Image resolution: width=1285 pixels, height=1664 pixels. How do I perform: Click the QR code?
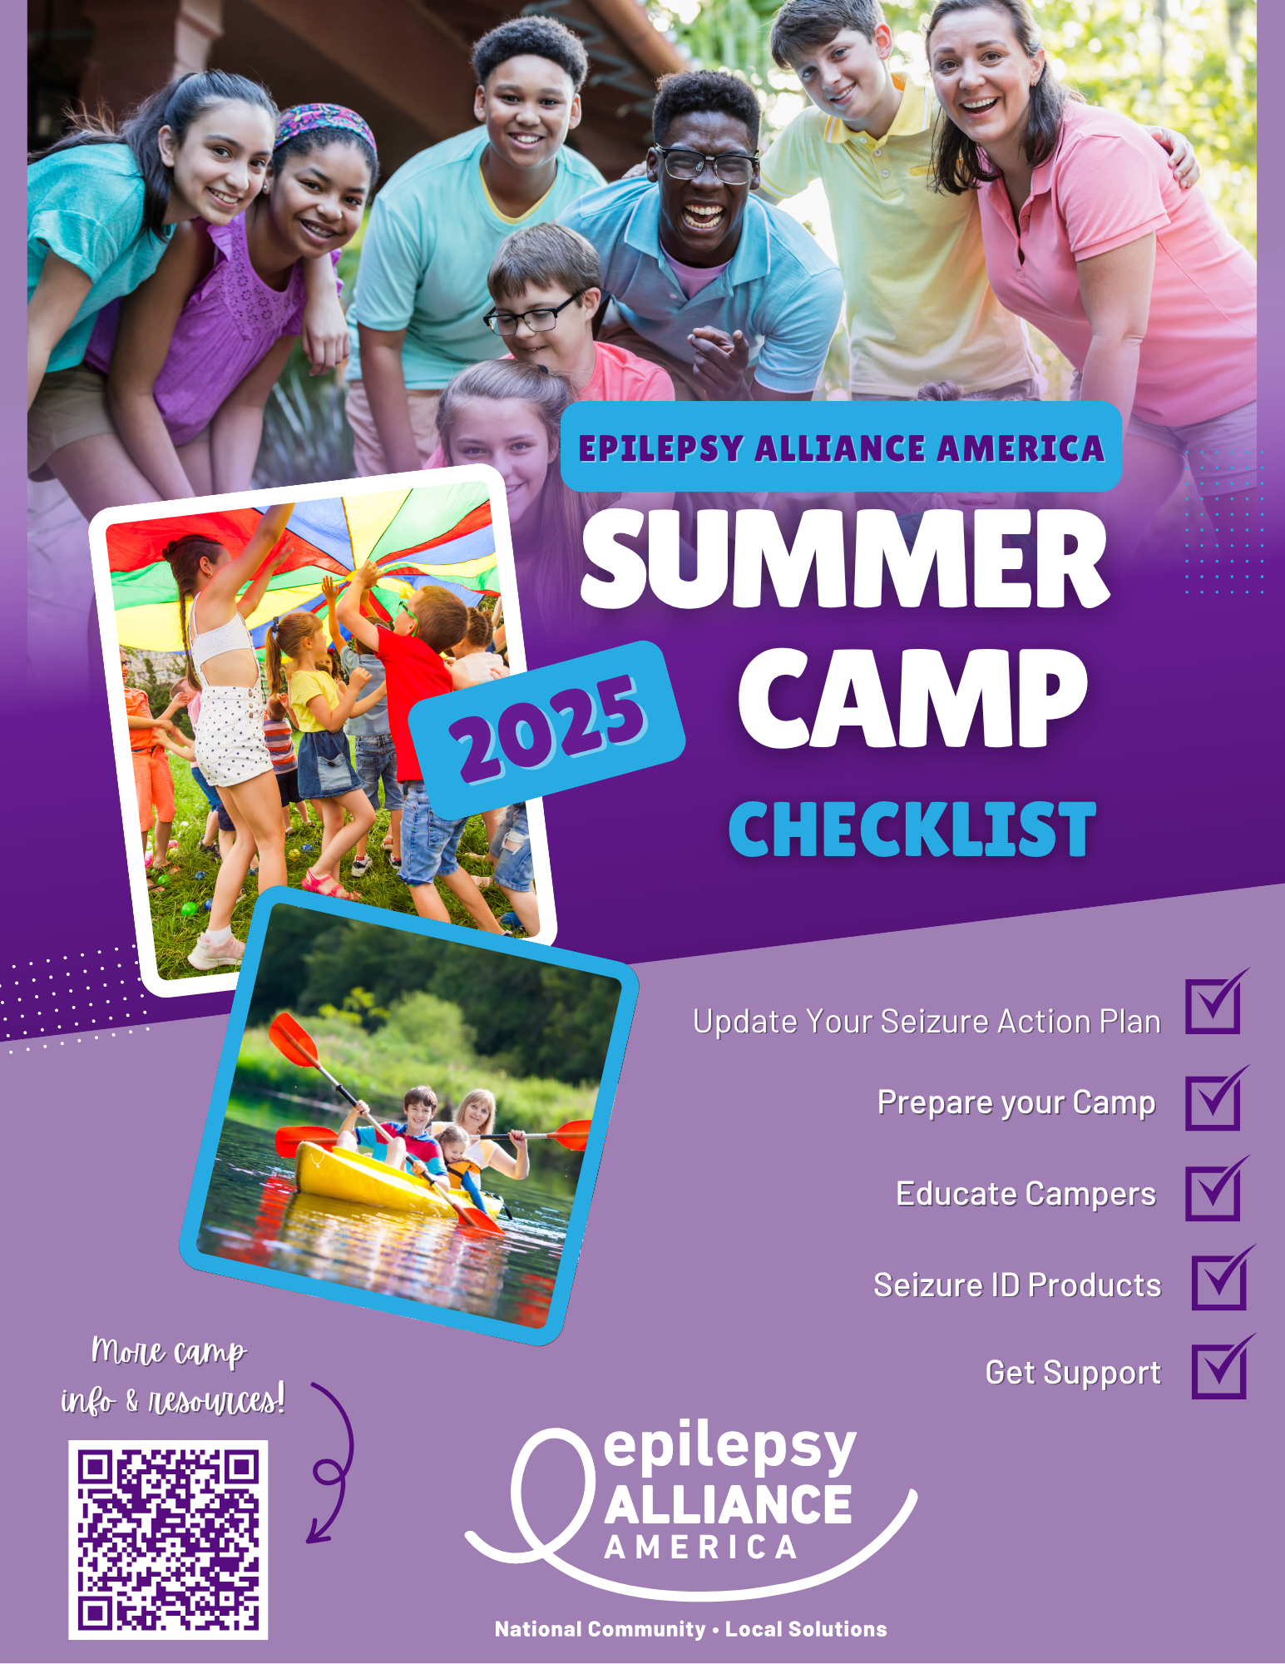point(168,1540)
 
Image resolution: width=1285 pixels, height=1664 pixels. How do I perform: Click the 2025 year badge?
point(547,730)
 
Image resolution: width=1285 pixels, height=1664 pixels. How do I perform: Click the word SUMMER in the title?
point(845,559)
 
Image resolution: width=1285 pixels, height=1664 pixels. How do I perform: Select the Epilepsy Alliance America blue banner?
point(841,447)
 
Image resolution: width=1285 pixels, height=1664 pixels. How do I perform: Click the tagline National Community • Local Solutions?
point(690,1629)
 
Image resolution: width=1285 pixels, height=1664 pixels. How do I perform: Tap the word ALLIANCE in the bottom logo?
point(728,1506)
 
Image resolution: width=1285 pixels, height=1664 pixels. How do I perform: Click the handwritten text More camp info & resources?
point(173,1376)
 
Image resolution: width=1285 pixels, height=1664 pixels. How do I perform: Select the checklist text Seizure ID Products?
point(1016,1285)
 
